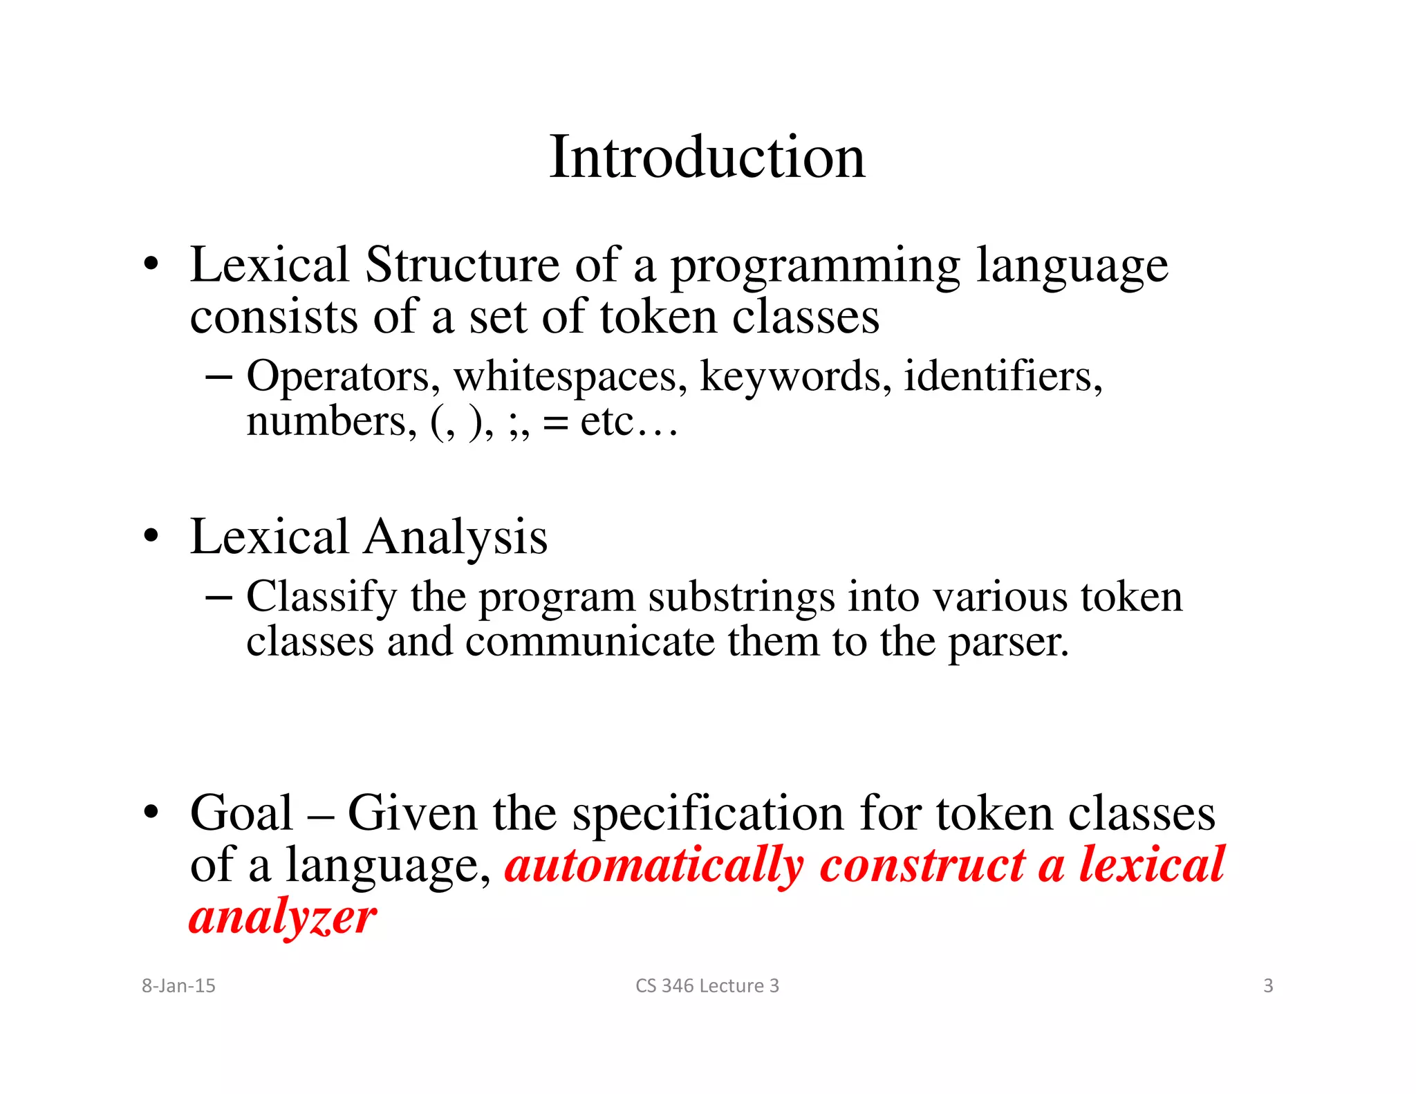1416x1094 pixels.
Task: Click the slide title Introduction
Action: click(707, 158)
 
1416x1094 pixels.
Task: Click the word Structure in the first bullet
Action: click(461, 265)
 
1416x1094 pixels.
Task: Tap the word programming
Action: click(815, 266)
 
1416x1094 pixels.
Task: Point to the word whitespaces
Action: click(570, 378)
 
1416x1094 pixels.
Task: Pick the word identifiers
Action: click(1003, 378)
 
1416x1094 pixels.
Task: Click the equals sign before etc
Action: click(555, 423)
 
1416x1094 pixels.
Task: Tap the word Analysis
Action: click(456, 538)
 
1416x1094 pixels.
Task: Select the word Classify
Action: click(322, 597)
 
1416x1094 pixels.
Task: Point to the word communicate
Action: click(590, 642)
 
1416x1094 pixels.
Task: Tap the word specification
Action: click(707, 814)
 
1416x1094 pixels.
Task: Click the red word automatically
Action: click(654, 866)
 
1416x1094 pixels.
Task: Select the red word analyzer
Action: click(282, 918)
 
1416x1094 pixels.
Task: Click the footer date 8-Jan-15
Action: click(178, 985)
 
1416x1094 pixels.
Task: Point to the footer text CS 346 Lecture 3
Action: click(707, 985)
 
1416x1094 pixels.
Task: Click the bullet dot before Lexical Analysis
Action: click(151, 536)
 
